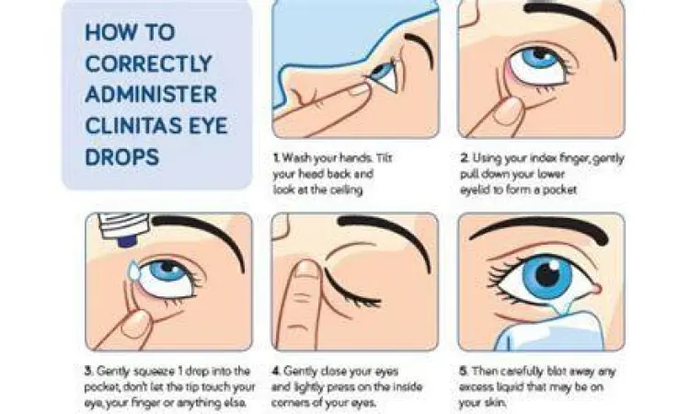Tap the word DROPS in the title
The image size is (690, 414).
(x=121, y=157)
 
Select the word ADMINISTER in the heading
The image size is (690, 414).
(x=151, y=95)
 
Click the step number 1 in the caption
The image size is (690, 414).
(x=276, y=157)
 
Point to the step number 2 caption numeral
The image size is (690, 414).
(x=465, y=157)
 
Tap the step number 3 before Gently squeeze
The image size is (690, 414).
(x=88, y=371)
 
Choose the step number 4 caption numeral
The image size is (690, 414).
(x=276, y=371)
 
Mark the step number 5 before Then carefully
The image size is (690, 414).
(x=464, y=371)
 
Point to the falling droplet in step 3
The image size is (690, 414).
(x=133, y=271)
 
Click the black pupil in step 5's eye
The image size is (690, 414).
(x=547, y=276)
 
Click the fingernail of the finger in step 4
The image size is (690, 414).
(x=307, y=270)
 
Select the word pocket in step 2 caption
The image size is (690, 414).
(x=559, y=190)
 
